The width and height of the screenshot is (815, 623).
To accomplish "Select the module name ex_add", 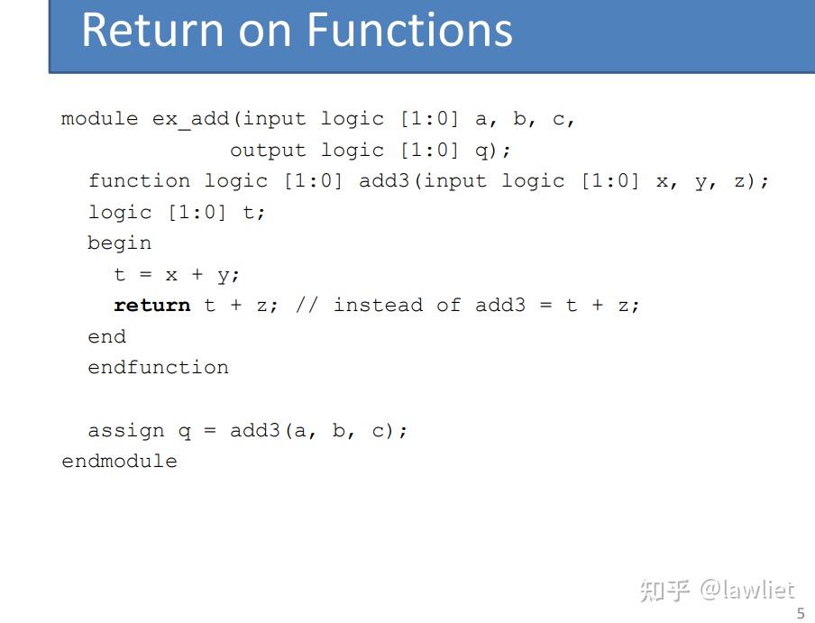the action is point(190,120).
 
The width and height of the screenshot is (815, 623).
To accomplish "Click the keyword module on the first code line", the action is point(100,118).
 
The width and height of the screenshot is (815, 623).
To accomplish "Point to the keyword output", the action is point(268,151).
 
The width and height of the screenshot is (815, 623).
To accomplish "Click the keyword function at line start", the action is point(139,180).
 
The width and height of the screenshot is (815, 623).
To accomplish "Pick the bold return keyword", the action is point(151,305).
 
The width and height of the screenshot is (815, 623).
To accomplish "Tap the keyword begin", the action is point(120,243).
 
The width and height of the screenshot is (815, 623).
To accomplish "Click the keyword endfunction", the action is point(158,367).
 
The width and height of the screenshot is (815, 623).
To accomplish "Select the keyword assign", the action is point(126,431).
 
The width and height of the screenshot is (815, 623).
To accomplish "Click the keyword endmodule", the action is point(119,461).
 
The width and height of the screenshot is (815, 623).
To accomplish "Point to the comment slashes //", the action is point(307,305).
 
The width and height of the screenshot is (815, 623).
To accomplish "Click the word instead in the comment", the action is point(378,305).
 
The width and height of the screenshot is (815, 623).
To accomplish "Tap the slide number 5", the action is point(801,613).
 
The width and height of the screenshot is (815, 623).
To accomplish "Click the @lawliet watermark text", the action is point(747,591).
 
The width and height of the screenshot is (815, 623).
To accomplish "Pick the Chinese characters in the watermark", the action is point(664,591).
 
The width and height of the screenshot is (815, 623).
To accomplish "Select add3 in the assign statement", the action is point(254,430).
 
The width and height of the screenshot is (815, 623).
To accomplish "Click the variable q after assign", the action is point(184,432).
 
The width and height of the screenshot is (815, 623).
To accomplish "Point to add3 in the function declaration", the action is point(383,180).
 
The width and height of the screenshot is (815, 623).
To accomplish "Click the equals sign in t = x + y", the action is point(145,274).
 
